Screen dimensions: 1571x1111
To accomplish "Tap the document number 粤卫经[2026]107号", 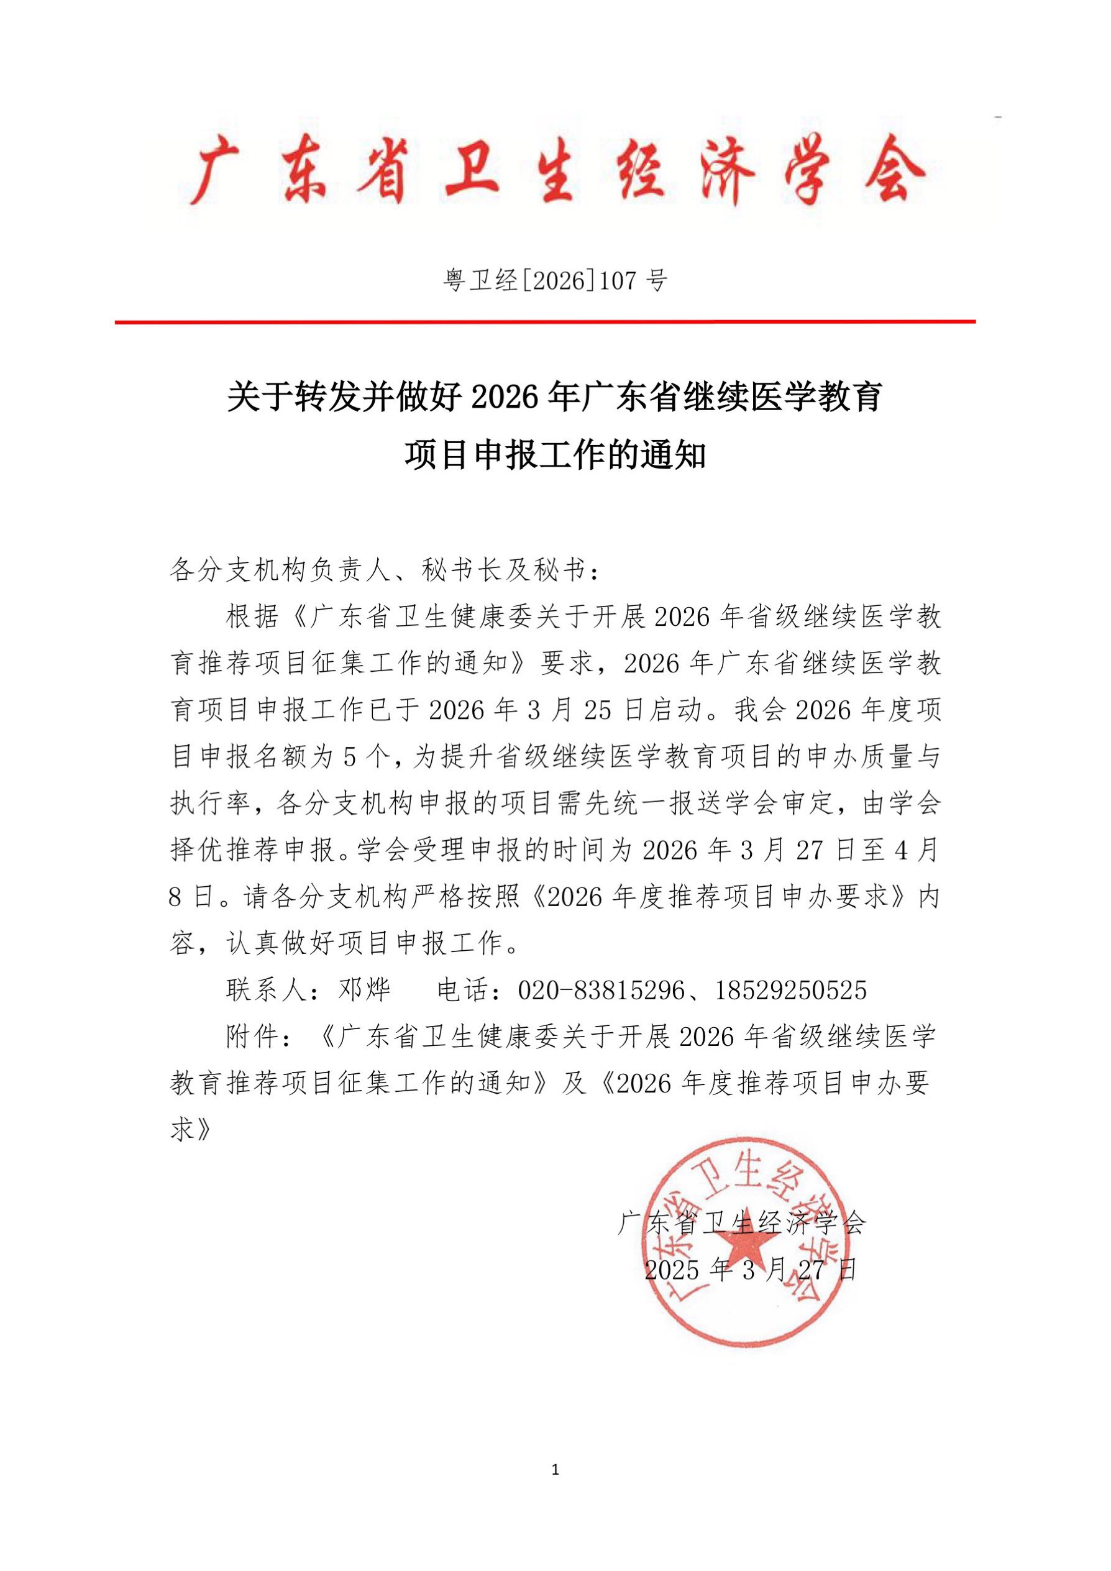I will click(555, 280).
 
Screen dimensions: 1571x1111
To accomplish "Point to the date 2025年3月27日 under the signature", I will click(751, 1270).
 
